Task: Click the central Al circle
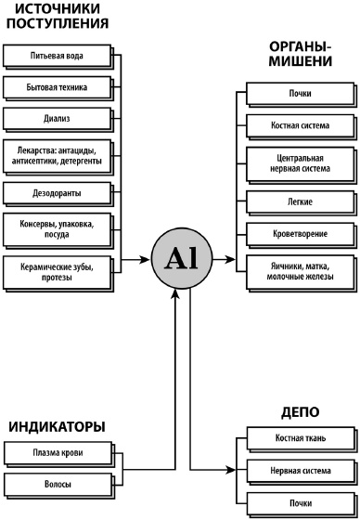pos(182,260)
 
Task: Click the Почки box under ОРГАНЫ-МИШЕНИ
pos(299,94)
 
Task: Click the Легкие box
pos(299,201)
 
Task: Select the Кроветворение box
pos(299,231)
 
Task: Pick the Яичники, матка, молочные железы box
pos(299,270)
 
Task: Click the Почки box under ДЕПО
pos(299,504)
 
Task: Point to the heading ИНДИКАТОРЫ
pos(57,426)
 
